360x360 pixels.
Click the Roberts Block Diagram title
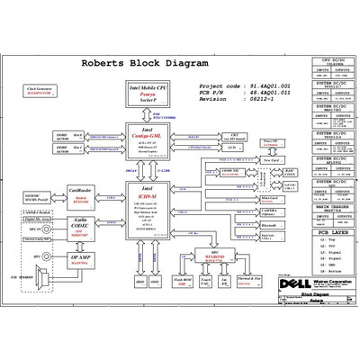coord(145,64)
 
